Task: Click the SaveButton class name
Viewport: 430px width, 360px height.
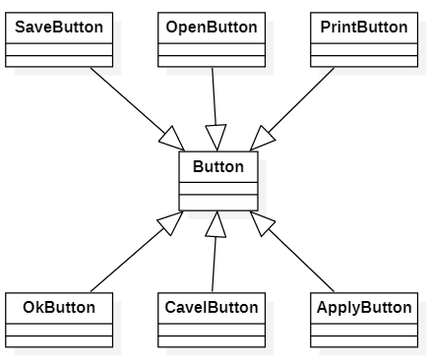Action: [x=59, y=28]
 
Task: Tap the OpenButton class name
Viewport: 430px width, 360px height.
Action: [x=212, y=28]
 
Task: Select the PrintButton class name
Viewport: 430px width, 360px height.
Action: [x=364, y=28]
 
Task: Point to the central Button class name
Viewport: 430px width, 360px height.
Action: [x=218, y=166]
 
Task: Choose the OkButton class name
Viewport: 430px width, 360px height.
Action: [x=59, y=308]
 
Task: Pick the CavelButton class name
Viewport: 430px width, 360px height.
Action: [x=212, y=308]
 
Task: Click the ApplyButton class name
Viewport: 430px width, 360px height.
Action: [x=364, y=308]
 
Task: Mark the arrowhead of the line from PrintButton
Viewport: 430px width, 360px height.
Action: [x=262, y=139]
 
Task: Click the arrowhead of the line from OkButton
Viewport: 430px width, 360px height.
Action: [x=171, y=223]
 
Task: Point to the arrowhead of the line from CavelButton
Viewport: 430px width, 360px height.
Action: [x=215, y=224]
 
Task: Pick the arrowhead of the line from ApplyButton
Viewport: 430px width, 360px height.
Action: [x=263, y=223]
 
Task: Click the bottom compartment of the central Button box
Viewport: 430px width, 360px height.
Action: [x=218, y=203]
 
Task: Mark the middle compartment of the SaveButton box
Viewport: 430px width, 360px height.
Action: [x=59, y=49]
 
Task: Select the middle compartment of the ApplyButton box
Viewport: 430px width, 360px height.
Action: [x=364, y=330]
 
